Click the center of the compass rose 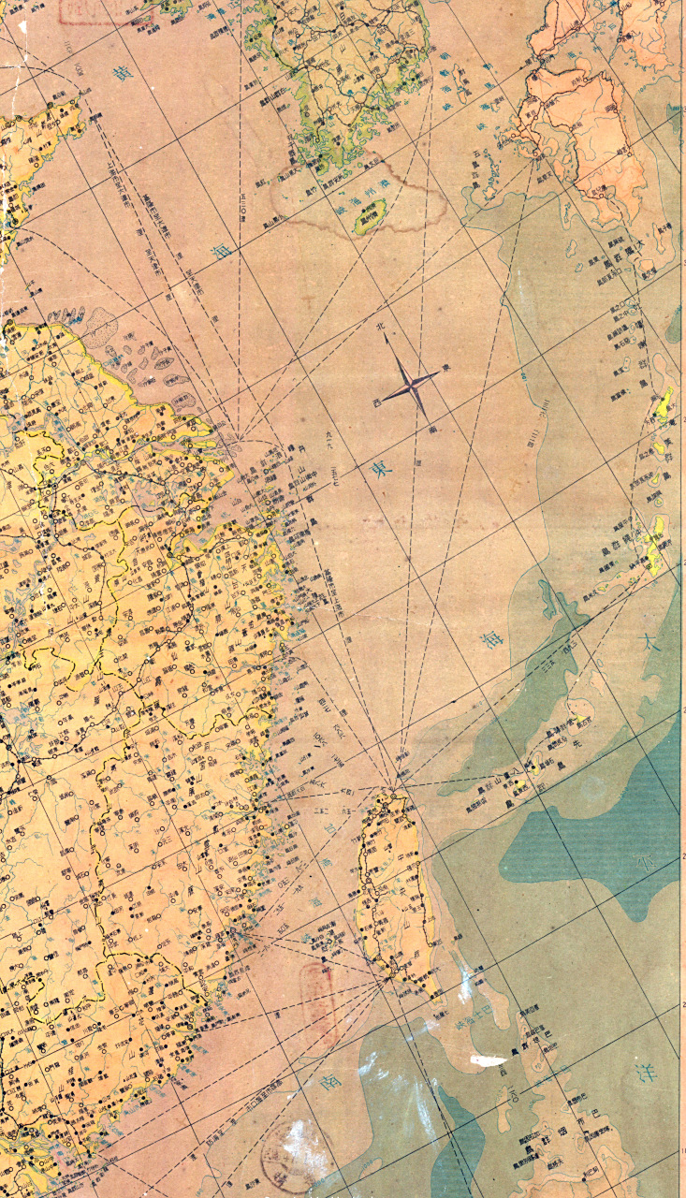(x=409, y=385)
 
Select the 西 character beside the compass (x=377, y=402)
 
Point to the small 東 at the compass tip (x=444, y=368)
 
